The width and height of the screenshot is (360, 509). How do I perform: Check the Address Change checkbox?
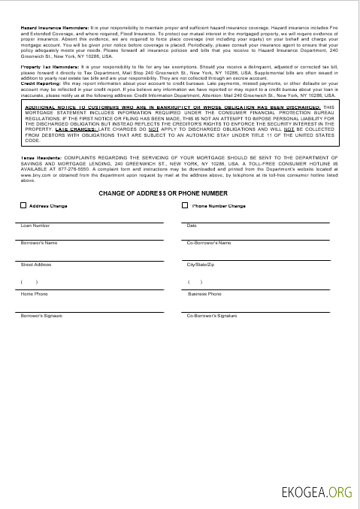[23, 205]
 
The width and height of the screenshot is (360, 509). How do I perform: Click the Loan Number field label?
[35, 226]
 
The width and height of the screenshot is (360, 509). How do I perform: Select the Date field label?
[192, 226]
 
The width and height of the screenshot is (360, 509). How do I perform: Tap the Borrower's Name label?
[39, 243]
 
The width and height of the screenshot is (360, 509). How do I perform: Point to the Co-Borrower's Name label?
[208, 243]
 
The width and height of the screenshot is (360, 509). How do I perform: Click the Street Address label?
[36, 265]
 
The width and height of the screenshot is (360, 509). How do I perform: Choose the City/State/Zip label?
[201, 265]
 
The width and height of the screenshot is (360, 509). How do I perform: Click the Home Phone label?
[34, 294]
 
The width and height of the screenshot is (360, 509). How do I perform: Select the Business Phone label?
[204, 294]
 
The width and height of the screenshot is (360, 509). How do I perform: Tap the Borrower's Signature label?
[41, 316]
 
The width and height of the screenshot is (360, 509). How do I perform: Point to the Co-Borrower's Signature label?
[212, 316]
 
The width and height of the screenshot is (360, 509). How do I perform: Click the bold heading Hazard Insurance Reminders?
[54, 27]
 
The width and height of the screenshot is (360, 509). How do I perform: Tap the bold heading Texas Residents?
[37, 158]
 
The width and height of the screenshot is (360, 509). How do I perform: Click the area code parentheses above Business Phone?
[195, 282]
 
